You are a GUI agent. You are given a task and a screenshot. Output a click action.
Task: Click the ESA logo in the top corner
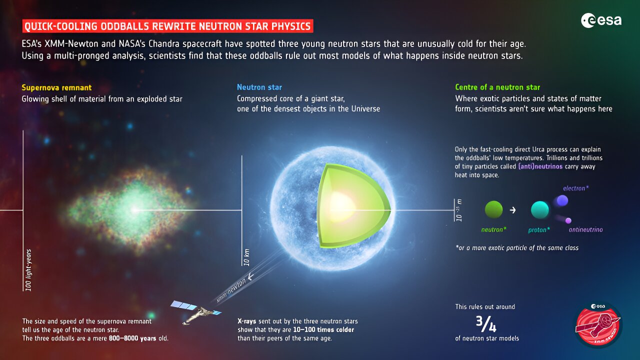click(601, 20)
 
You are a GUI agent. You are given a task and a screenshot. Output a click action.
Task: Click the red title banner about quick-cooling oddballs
click(167, 26)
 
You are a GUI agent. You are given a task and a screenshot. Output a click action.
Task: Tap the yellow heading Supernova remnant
click(56, 87)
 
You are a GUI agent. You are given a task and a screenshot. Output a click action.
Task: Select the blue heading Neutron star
click(259, 87)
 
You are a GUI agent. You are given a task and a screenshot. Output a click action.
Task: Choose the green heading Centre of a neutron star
click(497, 87)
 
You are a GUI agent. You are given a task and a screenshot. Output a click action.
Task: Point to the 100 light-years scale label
click(28, 270)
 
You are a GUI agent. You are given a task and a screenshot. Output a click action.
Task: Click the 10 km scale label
click(246, 257)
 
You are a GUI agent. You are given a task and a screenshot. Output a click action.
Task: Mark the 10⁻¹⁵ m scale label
click(459, 210)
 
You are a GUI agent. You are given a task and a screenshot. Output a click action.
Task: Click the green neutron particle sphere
click(493, 209)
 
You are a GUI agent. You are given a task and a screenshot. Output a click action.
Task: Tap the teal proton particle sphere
click(539, 209)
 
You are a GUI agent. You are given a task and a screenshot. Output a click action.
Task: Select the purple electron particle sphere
click(562, 200)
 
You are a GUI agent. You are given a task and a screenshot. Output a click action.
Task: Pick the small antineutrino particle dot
click(568, 220)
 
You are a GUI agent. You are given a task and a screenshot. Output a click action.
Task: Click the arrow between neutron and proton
click(513, 210)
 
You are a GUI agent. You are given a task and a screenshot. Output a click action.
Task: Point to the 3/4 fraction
click(486, 324)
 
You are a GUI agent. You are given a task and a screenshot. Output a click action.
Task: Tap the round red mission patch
click(598, 325)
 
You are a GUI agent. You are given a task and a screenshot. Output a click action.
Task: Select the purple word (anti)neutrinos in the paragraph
click(540, 166)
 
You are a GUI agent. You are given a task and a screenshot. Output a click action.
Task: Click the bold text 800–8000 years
click(132, 338)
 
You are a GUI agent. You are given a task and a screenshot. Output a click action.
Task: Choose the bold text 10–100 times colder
click(323, 329)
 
